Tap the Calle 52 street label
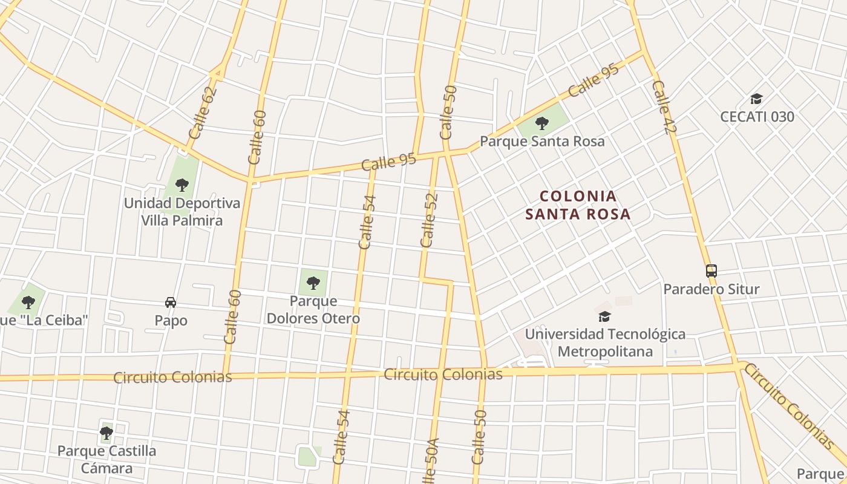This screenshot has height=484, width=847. click(x=428, y=220)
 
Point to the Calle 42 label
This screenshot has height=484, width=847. click(x=664, y=107)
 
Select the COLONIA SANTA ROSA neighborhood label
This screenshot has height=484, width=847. click(x=578, y=204)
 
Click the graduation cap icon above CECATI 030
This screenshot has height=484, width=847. click(x=756, y=99)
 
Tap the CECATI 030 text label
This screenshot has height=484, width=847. click(x=757, y=116)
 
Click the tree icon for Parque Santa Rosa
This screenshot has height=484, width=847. click(x=541, y=124)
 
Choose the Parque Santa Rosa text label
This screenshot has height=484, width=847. click(x=542, y=141)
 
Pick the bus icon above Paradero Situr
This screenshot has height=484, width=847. click(x=711, y=271)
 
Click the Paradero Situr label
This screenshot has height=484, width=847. click(x=711, y=289)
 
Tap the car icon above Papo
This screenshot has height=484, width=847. click(x=171, y=302)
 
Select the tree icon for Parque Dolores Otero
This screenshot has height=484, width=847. click(x=313, y=283)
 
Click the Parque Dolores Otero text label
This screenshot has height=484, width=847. click(x=313, y=309)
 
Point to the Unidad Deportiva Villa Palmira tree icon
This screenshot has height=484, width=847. click(x=182, y=185)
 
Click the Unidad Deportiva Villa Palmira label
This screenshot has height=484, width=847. click(x=182, y=212)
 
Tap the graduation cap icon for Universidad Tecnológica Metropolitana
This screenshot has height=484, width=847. click(x=604, y=316)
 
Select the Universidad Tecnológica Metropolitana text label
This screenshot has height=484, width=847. click(x=605, y=342)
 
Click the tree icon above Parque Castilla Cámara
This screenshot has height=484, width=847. click(x=106, y=433)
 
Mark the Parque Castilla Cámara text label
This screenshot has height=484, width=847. click(x=106, y=459)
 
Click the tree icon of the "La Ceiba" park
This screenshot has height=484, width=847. click(x=28, y=302)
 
